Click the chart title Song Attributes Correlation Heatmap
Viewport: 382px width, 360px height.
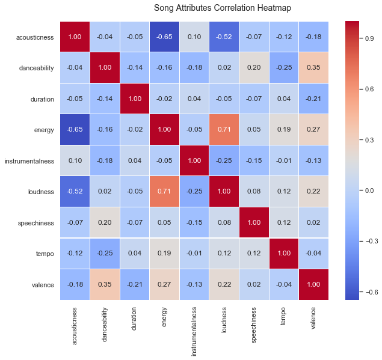pos(222,8)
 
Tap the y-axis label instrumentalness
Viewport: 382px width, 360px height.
pos(29,162)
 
